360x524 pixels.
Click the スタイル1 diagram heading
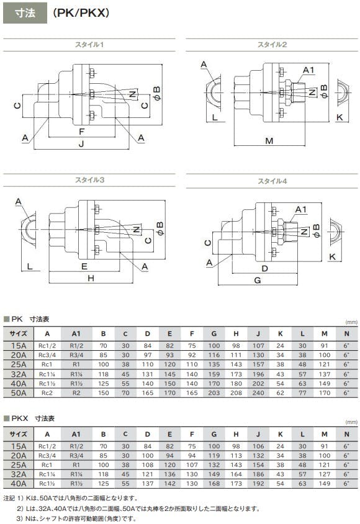pos(89,45)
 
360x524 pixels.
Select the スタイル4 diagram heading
pos(272,181)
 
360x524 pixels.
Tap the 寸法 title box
pos(25,13)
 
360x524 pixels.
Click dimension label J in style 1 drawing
pos(81,144)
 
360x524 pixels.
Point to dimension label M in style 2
pos(269,141)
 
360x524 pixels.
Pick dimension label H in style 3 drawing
pos(91,278)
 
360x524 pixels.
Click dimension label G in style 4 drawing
pos(257,281)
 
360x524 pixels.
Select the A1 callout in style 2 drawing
pos(308,70)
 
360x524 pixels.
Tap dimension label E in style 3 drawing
pos(84,266)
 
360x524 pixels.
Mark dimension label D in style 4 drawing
pos(264,268)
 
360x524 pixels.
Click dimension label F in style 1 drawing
pos(81,132)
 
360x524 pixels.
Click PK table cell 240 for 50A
pos(258,393)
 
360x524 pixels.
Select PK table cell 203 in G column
pos(214,393)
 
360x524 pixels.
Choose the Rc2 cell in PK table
pos(47,393)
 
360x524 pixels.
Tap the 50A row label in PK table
pos(19,393)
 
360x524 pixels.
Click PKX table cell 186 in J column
pos(258,474)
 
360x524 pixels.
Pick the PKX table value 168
pos(214,484)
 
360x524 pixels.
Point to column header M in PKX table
pos(324,434)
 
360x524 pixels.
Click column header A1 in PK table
pos(76,333)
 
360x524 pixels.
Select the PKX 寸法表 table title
pos(33,418)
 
